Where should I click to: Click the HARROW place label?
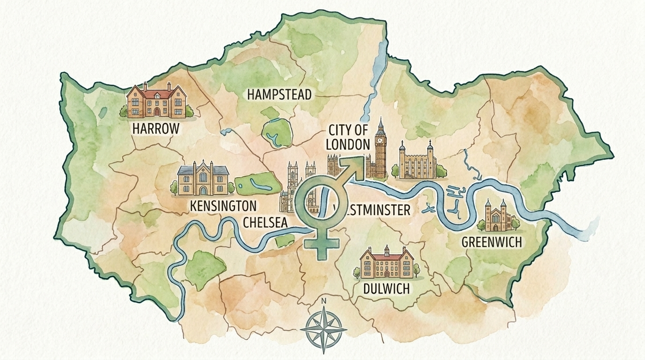(156, 128)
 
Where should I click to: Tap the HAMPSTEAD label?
(279, 95)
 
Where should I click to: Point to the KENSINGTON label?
(223, 206)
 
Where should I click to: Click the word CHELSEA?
(265, 223)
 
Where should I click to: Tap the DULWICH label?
(386, 288)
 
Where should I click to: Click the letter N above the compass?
(323, 301)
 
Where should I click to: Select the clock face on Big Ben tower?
(380, 140)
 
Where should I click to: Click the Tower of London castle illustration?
(417, 162)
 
